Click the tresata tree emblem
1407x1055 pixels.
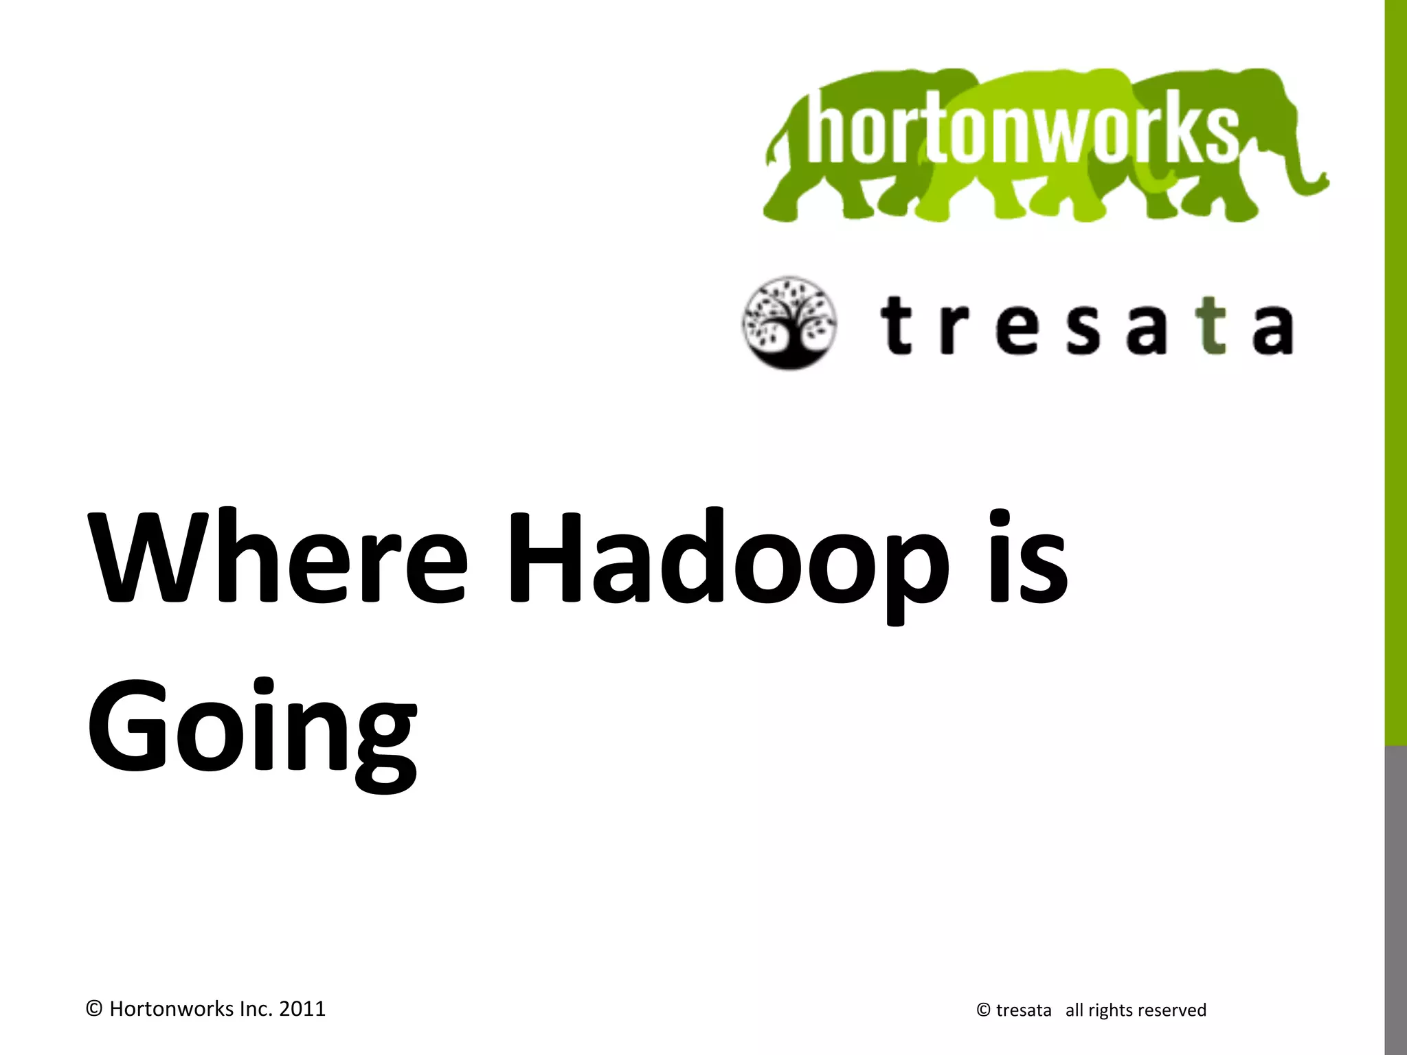789,323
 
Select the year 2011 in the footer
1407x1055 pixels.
302,1009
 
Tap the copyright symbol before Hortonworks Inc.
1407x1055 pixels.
95,1009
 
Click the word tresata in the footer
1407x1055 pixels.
1023,1010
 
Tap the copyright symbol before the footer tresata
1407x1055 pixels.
983,1010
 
